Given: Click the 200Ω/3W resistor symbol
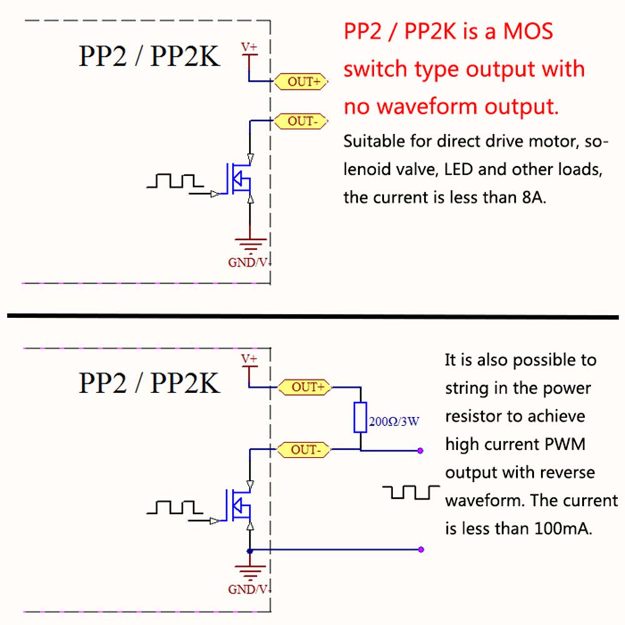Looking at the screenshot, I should pos(360,417).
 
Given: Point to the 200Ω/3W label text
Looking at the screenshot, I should pos(394,421).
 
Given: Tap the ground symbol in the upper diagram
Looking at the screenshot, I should pos(250,244).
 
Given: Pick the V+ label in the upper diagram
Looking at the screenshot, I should pos(249,47).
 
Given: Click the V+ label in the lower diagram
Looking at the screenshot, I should pos(249,359).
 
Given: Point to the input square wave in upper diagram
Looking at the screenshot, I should pos(175,181).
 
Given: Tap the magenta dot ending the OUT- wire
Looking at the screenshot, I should pos(422,450).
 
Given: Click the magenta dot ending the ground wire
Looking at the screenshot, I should pos(422,550).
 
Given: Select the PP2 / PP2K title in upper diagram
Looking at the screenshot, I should pos(149,56).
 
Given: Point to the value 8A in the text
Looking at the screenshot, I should pos(533,197).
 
